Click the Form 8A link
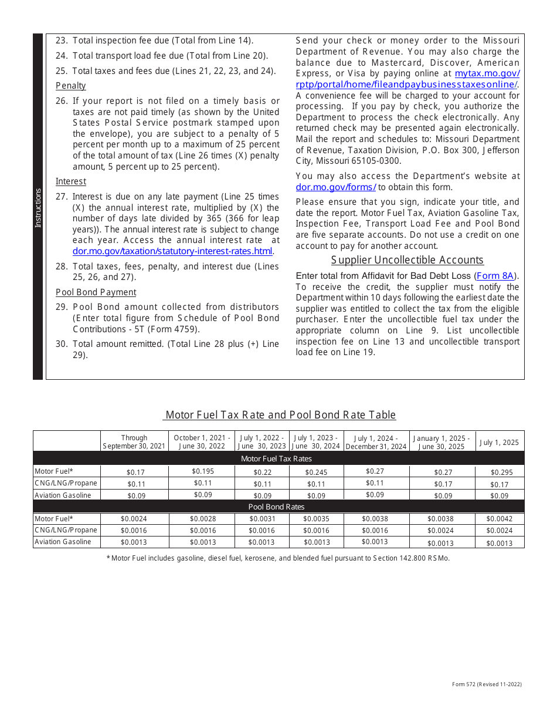[x=496, y=276]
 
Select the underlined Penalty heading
[x=71, y=86]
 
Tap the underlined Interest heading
[x=71, y=181]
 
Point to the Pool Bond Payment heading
[x=96, y=292]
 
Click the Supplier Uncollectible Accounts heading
[x=407, y=260]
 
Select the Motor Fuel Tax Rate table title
[x=280, y=415]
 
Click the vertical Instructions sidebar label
[x=38, y=208]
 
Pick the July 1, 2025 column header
[x=500, y=443]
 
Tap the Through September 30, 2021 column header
[x=134, y=442]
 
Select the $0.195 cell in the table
[x=202, y=471]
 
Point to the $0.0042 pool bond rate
[x=500, y=519]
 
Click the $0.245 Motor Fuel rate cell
[x=317, y=472]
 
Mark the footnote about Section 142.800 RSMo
[x=278, y=558]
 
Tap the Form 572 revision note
[x=487, y=684]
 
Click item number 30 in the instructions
[x=62, y=344]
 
